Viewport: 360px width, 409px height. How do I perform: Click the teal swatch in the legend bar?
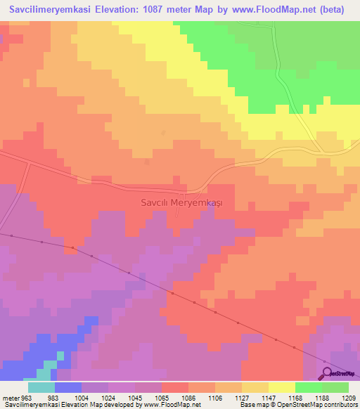[x=41, y=387]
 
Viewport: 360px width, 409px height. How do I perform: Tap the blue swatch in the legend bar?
[x=67, y=387]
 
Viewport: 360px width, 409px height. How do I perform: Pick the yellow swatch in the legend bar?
[x=282, y=387]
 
